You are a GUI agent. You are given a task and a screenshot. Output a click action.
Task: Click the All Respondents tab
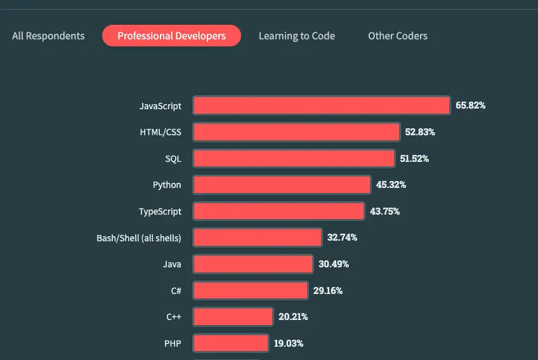(x=48, y=36)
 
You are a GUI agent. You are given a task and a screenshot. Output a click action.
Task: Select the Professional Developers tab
(x=171, y=36)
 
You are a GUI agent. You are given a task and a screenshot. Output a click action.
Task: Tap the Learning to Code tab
(x=296, y=36)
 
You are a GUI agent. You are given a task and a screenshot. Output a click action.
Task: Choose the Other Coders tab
(x=398, y=36)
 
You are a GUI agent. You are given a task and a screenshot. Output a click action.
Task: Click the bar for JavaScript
(x=322, y=105)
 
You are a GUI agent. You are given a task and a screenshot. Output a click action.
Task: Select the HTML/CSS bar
(x=296, y=132)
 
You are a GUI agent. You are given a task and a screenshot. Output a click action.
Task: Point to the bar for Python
(x=282, y=185)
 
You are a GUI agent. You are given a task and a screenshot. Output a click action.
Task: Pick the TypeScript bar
(x=279, y=211)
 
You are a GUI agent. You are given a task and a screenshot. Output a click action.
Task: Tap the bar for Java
(x=253, y=264)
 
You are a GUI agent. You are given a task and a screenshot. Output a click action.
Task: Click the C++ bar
(x=233, y=317)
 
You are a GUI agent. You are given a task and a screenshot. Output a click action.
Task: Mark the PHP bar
(x=230, y=343)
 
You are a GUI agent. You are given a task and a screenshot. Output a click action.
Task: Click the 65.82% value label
(x=471, y=105)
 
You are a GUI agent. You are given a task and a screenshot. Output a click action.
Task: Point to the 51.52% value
(x=414, y=159)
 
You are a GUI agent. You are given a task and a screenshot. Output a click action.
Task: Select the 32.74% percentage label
(x=343, y=237)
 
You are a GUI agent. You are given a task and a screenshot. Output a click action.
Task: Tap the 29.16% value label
(x=328, y=291)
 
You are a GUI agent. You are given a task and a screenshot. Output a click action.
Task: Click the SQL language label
(x=173, y=159)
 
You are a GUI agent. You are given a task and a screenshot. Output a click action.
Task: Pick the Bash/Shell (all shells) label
(x=139, y=237)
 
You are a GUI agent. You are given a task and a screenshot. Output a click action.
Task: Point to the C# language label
(x=176, y=291)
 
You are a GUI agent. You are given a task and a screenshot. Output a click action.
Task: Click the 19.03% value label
(x=289, y=343)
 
